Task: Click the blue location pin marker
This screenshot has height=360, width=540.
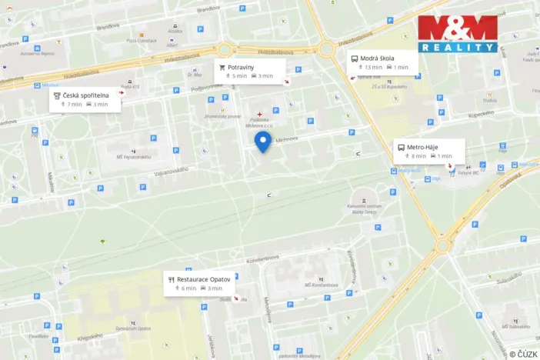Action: [x=263, y=142]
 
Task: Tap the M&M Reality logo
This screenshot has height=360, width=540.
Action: [x=458, y=33]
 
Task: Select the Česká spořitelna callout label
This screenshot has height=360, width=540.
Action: [x=85, y=99]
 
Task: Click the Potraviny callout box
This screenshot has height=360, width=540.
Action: [x=250, y=71]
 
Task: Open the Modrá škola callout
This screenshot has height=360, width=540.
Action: [x=382, y=62]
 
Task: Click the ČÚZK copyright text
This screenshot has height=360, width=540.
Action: [x=523, y=353]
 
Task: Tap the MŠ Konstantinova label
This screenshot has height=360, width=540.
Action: [x=321, y=285]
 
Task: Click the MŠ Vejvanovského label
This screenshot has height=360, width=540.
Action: [x=134, y=157]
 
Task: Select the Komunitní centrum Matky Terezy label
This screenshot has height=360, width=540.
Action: [x=365, y=208]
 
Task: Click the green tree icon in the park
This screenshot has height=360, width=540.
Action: [x=102, y=242]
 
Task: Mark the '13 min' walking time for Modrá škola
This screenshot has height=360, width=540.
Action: [x=373, y=68]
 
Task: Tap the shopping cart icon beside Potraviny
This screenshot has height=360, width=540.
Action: [x=222, y=67]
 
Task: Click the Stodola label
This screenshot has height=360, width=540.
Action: [x=489, y=100]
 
